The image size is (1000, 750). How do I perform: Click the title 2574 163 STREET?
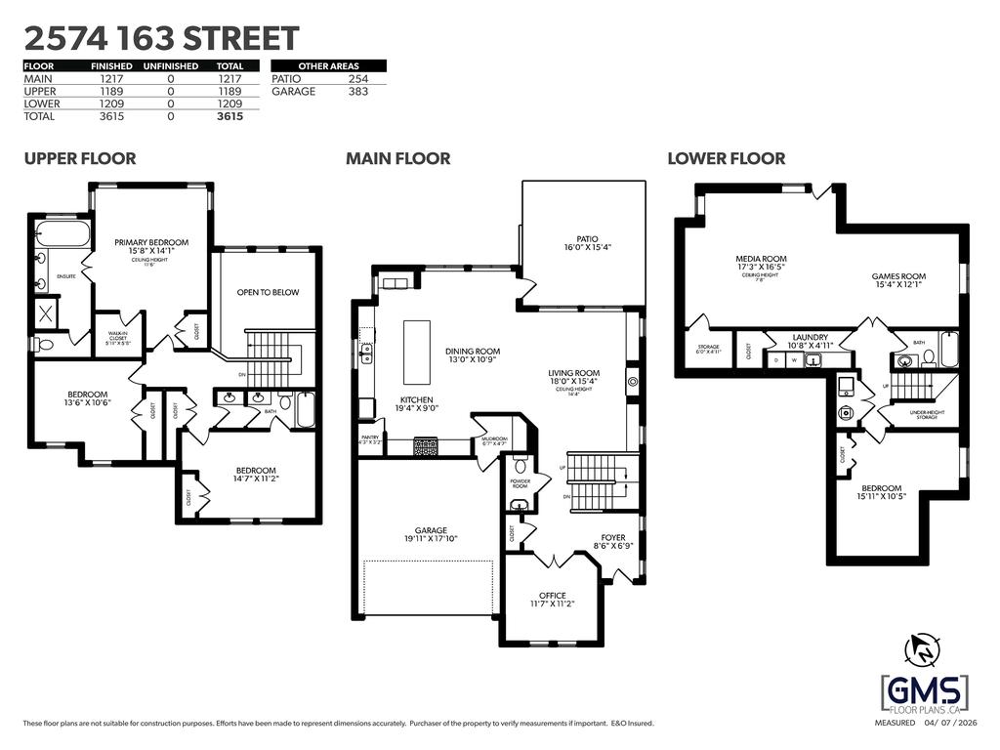coord(161,38)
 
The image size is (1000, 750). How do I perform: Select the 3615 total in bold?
coord(229,116)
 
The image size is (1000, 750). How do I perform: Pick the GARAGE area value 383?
coord(358,91)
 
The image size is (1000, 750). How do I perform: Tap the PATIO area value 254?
coord(358,78)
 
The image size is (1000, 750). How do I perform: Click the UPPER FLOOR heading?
coord(80,158)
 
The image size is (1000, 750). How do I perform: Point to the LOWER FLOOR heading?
coord(726,158)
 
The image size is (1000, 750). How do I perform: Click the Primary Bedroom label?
coord(151,242)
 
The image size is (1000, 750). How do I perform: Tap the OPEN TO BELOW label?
coord(268,292)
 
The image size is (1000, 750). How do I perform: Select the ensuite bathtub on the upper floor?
coord(62,235)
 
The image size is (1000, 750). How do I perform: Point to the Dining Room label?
coord(473,352)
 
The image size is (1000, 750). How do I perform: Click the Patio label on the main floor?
coord(586,239)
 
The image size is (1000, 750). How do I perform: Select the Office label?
coord(552,596)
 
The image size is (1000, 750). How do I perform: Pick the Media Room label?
coord(761,260)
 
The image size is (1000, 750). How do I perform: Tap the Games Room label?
coord(898,276)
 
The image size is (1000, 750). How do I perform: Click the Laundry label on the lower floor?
coord(810,336)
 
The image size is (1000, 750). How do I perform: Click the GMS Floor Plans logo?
coord(924,693)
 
